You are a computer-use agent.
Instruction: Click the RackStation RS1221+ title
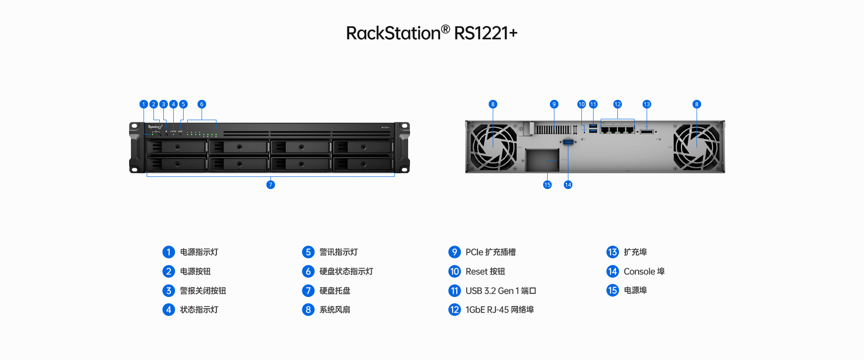point(432,33)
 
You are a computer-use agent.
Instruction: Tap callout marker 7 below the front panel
point(270,184)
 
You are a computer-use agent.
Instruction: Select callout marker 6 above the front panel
point(202,104)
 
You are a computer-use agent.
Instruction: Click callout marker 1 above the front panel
point(144,104)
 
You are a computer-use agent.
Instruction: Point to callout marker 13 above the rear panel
point(647,104)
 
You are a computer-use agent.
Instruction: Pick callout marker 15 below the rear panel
point(547,184)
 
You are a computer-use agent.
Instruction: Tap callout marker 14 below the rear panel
point(568,184)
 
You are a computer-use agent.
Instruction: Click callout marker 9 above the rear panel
point(554,104)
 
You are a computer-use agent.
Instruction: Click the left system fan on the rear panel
point(494,147)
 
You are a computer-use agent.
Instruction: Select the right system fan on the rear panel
point(696,147)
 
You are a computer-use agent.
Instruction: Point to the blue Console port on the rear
point(568,142)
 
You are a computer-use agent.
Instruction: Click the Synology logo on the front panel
point(154,127)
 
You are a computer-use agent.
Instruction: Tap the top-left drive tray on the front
point(177,147)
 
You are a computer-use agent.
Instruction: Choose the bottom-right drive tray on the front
point(363,164)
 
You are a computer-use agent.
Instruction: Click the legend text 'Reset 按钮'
point(485,271)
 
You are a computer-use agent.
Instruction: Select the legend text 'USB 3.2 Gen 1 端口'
point(500,291)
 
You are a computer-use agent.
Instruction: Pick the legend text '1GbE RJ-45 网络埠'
point(499,310)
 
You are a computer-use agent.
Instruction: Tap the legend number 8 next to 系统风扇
point(308,310)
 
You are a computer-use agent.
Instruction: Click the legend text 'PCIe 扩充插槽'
point(490,252)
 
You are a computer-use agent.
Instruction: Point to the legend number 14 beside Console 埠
point(612,271)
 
